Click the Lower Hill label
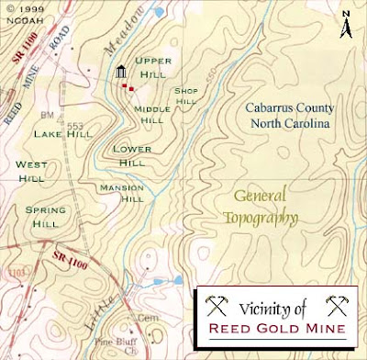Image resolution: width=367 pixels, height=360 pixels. (x=128, y=155)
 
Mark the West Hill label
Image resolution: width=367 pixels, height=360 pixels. (x=33, y=172)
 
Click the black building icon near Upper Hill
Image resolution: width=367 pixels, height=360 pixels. (x=120, y=73)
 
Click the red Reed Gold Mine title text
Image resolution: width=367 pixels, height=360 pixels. (x=276, y=328)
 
